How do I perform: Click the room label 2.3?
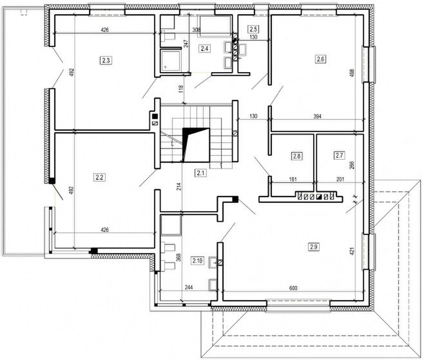[106, 61]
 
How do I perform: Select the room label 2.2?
[100, 176]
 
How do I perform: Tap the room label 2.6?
[320, 60]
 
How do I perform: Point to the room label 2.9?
[314, 246]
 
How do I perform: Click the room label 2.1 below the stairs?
[200, 172]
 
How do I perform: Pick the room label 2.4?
[204, 48]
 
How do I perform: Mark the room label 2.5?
[253, 30]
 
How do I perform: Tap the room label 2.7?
[340, 155]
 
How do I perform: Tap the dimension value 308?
[197, 30]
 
